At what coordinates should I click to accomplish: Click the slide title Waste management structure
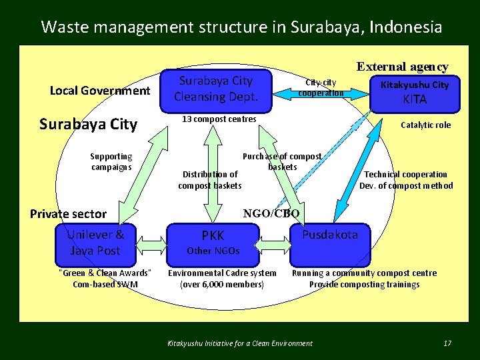pos(241,27)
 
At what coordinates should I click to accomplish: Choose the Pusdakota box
pos(329,241)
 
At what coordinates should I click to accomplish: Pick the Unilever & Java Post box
pos(95,242)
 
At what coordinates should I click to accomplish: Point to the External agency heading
pos(402,67)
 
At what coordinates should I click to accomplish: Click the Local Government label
pos(100,90)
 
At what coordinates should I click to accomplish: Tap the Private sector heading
pos(68,213)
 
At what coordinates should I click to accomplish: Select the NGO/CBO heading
pos(271,213)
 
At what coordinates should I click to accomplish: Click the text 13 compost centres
pos(219,119)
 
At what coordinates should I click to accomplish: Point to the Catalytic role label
pos(425,125)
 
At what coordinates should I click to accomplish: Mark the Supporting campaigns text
pos(111,161)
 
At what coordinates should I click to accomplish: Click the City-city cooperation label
pos(321,87)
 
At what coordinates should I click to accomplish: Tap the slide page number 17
pos(447,343)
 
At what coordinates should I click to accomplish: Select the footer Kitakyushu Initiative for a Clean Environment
pos(239,343)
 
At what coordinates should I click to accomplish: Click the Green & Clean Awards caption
pos(106,278)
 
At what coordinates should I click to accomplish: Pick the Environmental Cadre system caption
pos(222,278)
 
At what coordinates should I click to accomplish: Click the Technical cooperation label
pos(406,180)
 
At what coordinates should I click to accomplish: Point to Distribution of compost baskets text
pos(210,179)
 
